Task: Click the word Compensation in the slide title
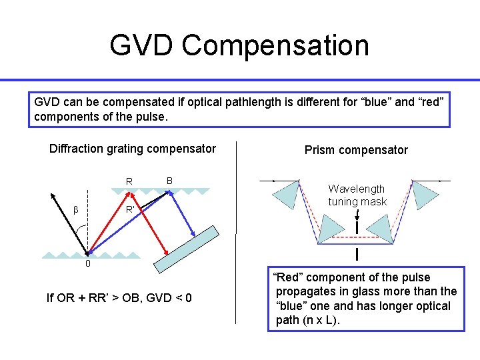tap(275, 46)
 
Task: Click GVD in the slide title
tap(142, 46)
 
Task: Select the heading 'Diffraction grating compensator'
tap(133, 149)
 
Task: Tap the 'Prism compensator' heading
tap(356, 150)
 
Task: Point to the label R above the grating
tap(129, 181)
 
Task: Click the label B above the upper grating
tap(169, 181)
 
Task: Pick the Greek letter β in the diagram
tap(76, 210)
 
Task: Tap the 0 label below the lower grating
tap(87, 263)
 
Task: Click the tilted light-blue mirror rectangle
tap(186, 249)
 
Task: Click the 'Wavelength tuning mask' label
tap(357, 195)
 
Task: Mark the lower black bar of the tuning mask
tap(358, 254)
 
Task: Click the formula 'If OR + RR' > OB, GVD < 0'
tap(119, 297)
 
